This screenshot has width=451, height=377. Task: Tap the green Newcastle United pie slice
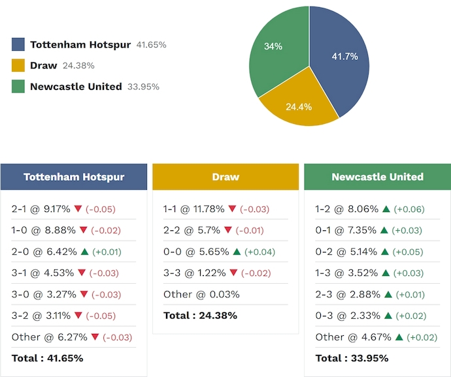click(275, 49)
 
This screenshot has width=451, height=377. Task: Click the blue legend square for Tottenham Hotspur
click(18, 44)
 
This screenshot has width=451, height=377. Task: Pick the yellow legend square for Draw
click(18, 65)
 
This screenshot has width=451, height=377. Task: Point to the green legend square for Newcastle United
click(18, 86)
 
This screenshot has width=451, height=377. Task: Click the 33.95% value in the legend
click(143, 87)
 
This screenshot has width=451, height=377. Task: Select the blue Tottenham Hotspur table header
click(74, 177)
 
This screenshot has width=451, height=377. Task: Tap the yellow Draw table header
click(225, 177)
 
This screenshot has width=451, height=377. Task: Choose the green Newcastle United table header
click(377, 177)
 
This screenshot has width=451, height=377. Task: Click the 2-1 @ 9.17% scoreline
click(41, 209)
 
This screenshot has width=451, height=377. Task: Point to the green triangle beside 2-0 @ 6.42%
click(84, 251)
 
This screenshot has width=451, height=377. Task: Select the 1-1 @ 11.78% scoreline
click(194, 209)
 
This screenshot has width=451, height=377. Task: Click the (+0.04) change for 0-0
click(259, 252)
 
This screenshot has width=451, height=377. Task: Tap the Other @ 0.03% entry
click(201, 294)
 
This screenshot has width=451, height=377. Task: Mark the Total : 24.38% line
click(200, 316)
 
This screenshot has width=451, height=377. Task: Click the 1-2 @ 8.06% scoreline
click(346, 209)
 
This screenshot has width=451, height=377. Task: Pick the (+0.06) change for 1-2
click(408, 209)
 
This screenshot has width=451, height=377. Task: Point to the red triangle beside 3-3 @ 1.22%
click(233, 273)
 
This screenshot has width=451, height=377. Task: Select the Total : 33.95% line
click(352, 358)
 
